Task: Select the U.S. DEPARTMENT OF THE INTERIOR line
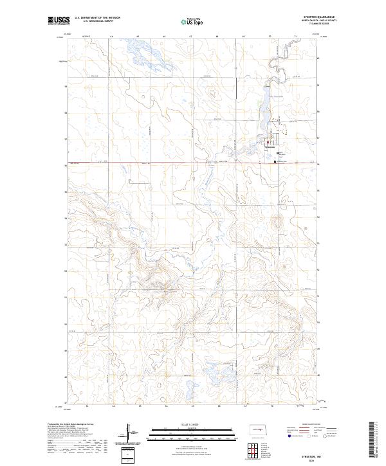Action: (x=96, y=18)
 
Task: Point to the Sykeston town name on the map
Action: (x=270, y=147)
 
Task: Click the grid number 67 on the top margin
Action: (x=191, y=37)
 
